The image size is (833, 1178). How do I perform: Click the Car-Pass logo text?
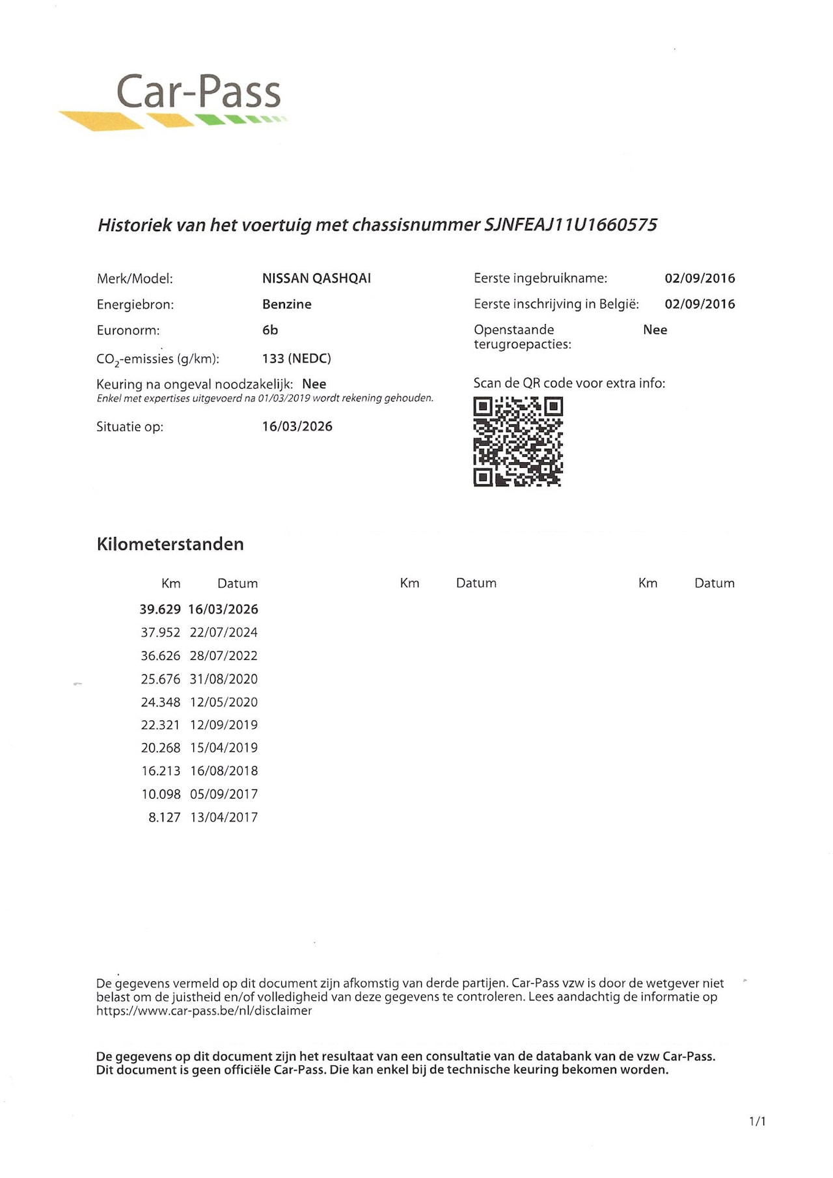pos(198,92)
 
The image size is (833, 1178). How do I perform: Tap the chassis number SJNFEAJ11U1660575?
pos(571,225)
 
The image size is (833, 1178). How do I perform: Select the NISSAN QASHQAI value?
pos(316,279)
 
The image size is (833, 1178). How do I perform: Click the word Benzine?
pos(287,305)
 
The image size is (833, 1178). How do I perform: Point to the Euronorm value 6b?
pos(270,331)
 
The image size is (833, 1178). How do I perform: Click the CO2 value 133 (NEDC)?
pos(297,359)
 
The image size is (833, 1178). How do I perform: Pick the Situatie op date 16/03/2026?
pos(297,427)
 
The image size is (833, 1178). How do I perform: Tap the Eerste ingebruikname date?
pos(700,279)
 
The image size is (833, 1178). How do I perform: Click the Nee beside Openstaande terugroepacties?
pos(655,330)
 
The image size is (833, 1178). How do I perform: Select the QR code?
pos(518,442)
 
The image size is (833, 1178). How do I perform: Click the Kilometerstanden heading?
pos(170,544)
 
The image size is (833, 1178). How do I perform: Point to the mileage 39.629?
pos(160,610)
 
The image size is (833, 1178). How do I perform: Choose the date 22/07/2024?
pos(224,633)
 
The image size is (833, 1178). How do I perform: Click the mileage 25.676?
pos(161,679)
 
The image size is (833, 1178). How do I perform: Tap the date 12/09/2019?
pos(224,725)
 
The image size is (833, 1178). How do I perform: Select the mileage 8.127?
pos(164,817)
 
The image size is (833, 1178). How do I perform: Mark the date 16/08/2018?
pos(224,771)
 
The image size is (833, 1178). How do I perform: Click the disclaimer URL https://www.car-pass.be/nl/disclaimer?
pos(204,1011)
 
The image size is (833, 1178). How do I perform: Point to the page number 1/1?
pos(758,1121)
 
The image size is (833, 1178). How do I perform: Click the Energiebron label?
pos(135,305)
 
